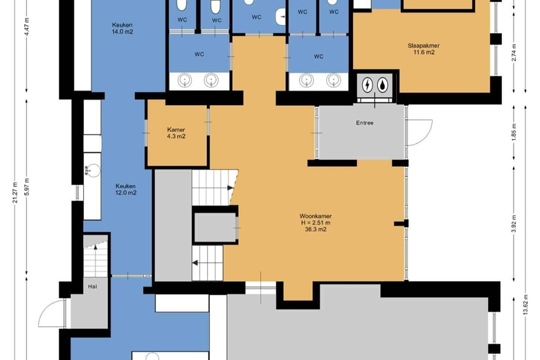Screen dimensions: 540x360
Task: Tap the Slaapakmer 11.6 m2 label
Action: tap(424, 49)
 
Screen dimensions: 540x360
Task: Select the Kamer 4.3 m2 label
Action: tap(176, 133)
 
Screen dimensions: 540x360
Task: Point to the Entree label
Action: tap(365, 123)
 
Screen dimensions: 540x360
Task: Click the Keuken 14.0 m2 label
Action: tap(123, 28)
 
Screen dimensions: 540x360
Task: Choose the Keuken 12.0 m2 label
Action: tap(126, 190)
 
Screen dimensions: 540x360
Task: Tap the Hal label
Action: tap(92, 287)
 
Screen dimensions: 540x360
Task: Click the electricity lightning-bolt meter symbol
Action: tap(368, 84)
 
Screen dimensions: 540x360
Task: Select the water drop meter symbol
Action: tap(383, 84)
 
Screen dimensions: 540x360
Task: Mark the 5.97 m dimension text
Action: tap(27, 187)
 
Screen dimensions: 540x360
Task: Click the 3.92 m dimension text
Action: tap(514, 223)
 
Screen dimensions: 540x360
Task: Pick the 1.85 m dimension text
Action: tap(514, 132)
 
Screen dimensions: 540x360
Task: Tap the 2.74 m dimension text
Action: tap(514, 53)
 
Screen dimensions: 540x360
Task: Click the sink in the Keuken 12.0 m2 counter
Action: tap(92, 170)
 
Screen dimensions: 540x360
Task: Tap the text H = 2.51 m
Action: tap(316, 223)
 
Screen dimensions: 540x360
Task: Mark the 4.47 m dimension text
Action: tap(27, 24)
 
